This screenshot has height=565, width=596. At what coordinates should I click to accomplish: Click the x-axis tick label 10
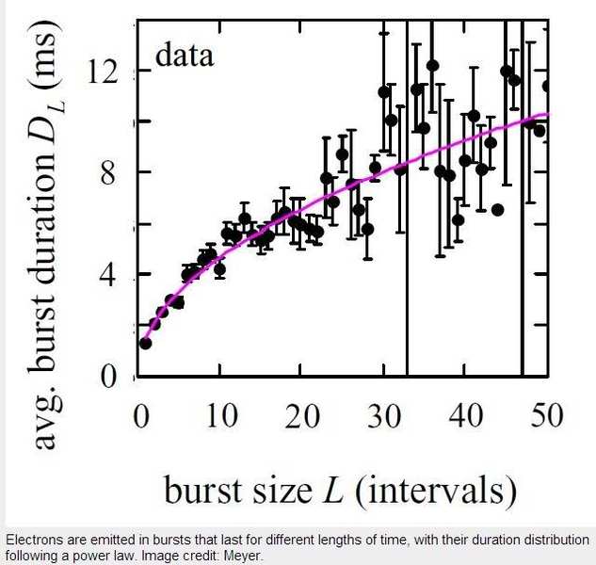point(220,415)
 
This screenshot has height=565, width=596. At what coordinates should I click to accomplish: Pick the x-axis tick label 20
point(301,415)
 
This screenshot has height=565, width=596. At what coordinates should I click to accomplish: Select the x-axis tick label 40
point(464,415)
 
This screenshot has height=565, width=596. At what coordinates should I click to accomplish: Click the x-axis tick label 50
point(544,415)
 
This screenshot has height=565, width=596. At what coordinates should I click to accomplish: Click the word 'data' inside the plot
point(185,56)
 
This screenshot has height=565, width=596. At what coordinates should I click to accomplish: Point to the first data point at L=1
point(145,343)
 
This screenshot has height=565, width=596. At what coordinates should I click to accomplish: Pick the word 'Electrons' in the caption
point(34,541)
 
